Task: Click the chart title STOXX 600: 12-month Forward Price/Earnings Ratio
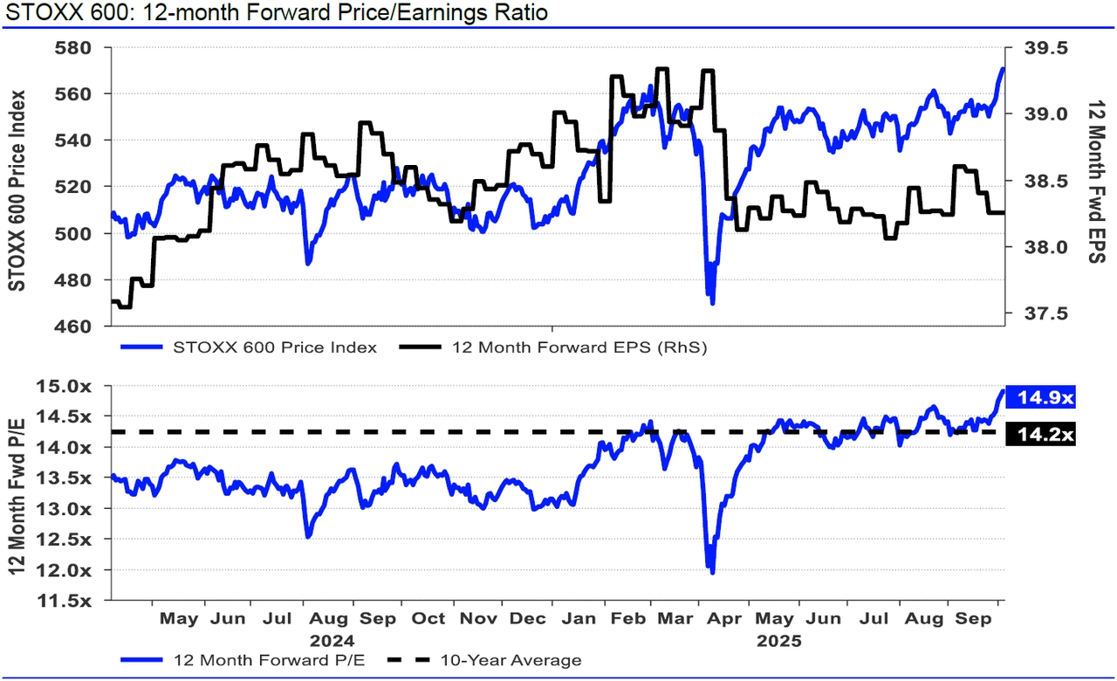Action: (275, 13)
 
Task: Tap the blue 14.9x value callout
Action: (1041, 398)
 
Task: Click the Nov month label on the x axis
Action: (477, 619)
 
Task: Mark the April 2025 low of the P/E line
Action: (713, 573)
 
